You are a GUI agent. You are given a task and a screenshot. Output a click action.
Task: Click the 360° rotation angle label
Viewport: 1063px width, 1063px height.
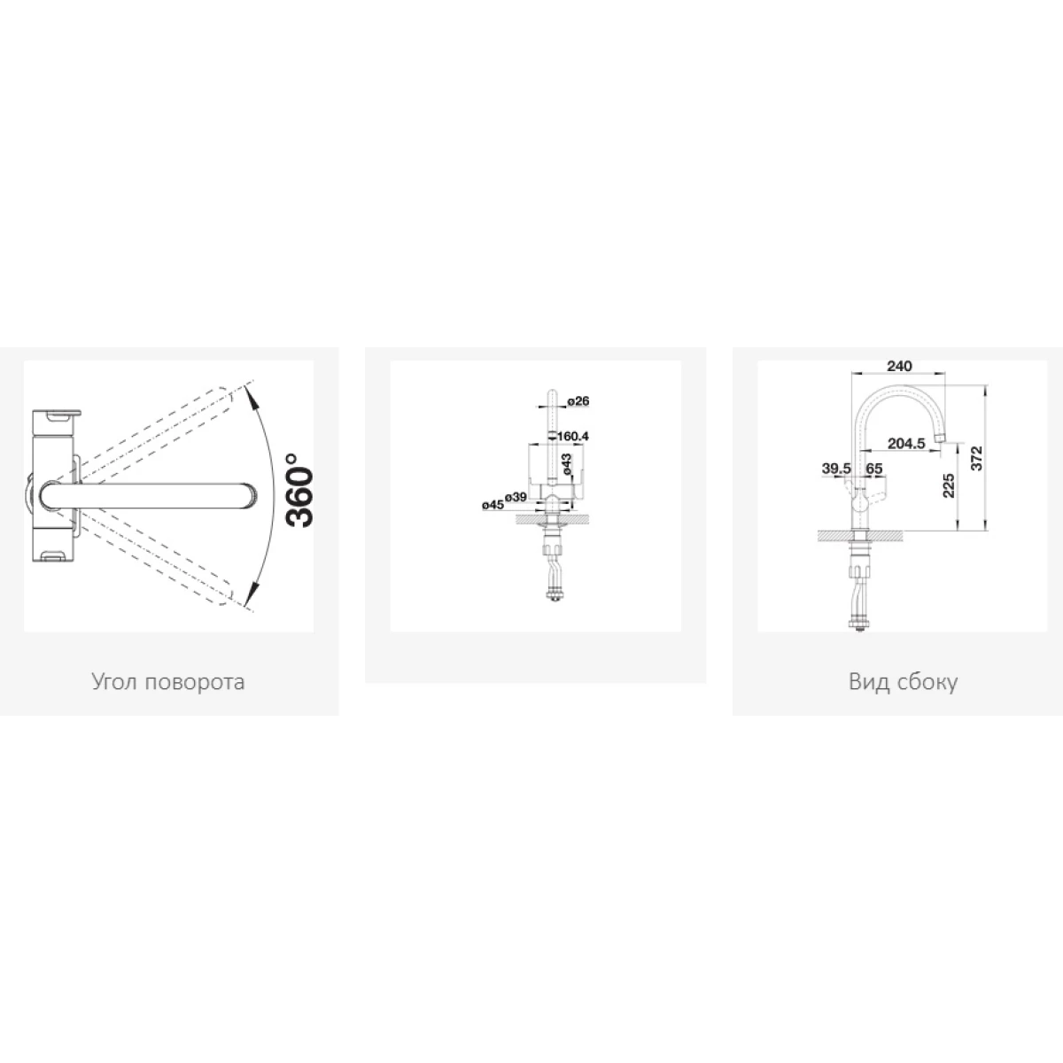pyautogui.click(x=299, y=489)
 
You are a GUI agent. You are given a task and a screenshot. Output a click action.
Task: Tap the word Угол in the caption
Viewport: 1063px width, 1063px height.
pyautogui.click(x=114, y=682)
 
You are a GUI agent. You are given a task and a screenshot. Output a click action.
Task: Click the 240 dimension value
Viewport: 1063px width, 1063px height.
pyautogui.click(x=899, y=366)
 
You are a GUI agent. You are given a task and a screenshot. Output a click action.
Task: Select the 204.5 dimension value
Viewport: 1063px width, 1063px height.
pyautogui.click(x=906, y=443)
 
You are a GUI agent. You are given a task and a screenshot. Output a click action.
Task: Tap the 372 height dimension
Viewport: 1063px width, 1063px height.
pyautogui.click(x=976, y=458)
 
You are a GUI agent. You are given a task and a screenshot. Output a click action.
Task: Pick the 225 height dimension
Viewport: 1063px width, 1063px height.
pyautogui.click(x=948, y=485)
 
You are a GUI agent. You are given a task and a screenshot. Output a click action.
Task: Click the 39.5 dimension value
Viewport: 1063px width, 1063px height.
pyautogui.click(x=836, y=469)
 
